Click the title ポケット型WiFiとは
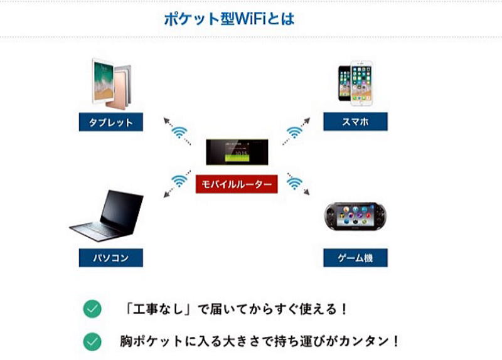click(229, 19)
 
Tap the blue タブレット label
click(111, 122)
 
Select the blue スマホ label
click(355, 122)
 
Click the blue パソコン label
click(111, 258)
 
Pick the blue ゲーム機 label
click(355, 258)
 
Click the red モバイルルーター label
click(237, 184)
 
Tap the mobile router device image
click(237, 152)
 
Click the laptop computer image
click(107, 216)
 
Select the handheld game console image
click(355, 216)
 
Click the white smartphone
click(361, 83)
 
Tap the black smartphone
click(344, 83)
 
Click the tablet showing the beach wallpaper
click(103, 81)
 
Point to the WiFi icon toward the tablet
click(179, 132)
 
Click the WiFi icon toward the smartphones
click(294, 132)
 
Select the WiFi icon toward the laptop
click(179, 181)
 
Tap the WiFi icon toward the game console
click(294, 183)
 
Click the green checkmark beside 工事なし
click(92, 309)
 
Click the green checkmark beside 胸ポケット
click(92, 341)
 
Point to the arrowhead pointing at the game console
click(307, 192)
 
